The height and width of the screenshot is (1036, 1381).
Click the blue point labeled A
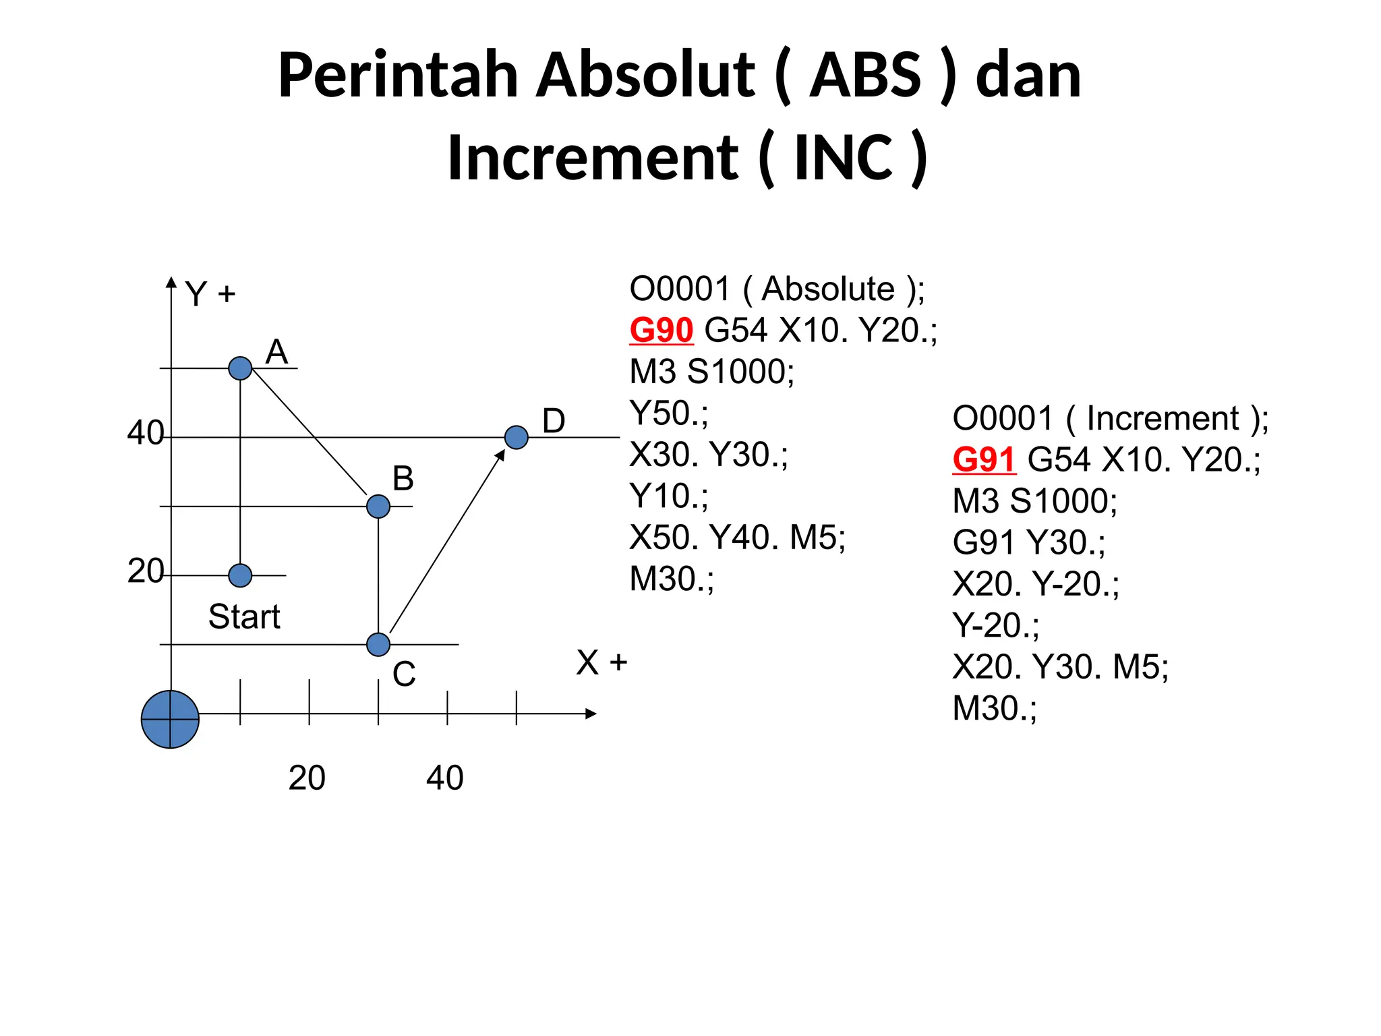[x=240, y=368]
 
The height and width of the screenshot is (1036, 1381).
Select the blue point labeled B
[x=378, y=506]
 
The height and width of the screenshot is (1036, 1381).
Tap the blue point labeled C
[x=378, y=644]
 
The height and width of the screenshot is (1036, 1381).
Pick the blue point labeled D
[x=517, y=437]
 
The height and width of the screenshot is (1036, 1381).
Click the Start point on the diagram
[x=240, y=575]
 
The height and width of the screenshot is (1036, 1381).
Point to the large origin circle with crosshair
[x=170, y=719]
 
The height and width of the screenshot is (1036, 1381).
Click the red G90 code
[x=661, y=330]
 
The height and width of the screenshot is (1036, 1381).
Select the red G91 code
[x=984, y=460]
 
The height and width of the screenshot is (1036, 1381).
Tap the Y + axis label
[x=210, y=294]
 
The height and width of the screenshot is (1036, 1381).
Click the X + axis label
[x=601, y=662]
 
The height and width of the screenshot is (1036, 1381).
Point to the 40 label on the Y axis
[x=146, y=433]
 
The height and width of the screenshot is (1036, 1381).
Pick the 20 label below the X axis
[x=307, y=778]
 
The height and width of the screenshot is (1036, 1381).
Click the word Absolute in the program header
[x=828, y=289]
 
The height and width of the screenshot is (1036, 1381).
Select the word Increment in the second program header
[x=1163, y=419]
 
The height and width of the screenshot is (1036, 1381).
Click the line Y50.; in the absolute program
[x=669, y=413]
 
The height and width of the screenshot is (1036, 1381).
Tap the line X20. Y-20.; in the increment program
[x=1036, y=584]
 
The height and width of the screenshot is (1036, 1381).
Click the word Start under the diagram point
[x=244, y=616]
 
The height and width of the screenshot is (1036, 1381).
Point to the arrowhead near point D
[x=500, y=455]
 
